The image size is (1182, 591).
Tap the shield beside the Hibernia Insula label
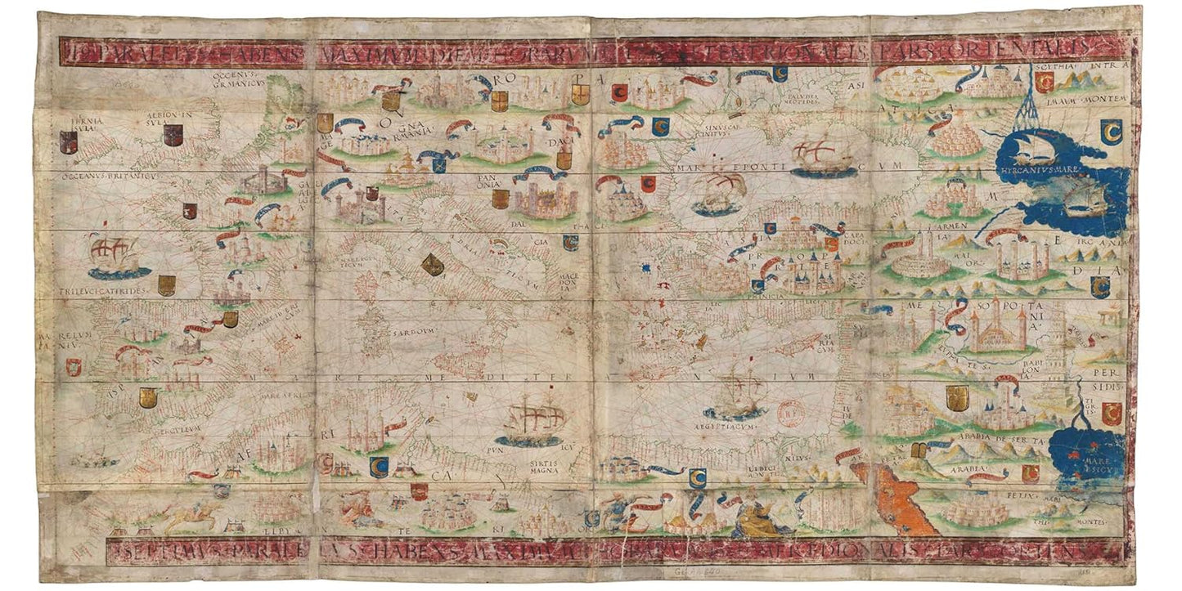(69, 142)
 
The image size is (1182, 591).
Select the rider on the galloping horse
(194, 513)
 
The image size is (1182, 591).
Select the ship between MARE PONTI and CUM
(820, 158)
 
